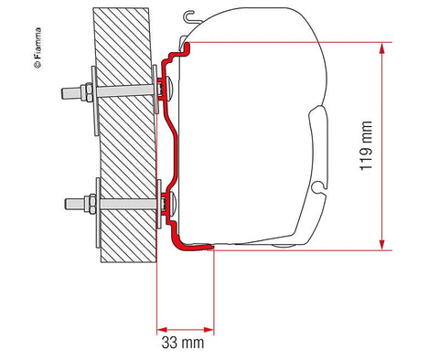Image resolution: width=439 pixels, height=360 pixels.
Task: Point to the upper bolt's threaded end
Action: (x=65, y=92)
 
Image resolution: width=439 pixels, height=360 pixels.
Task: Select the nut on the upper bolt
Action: (x=84, y=92)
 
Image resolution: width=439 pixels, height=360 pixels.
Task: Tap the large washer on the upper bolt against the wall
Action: (x=95, y=92)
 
